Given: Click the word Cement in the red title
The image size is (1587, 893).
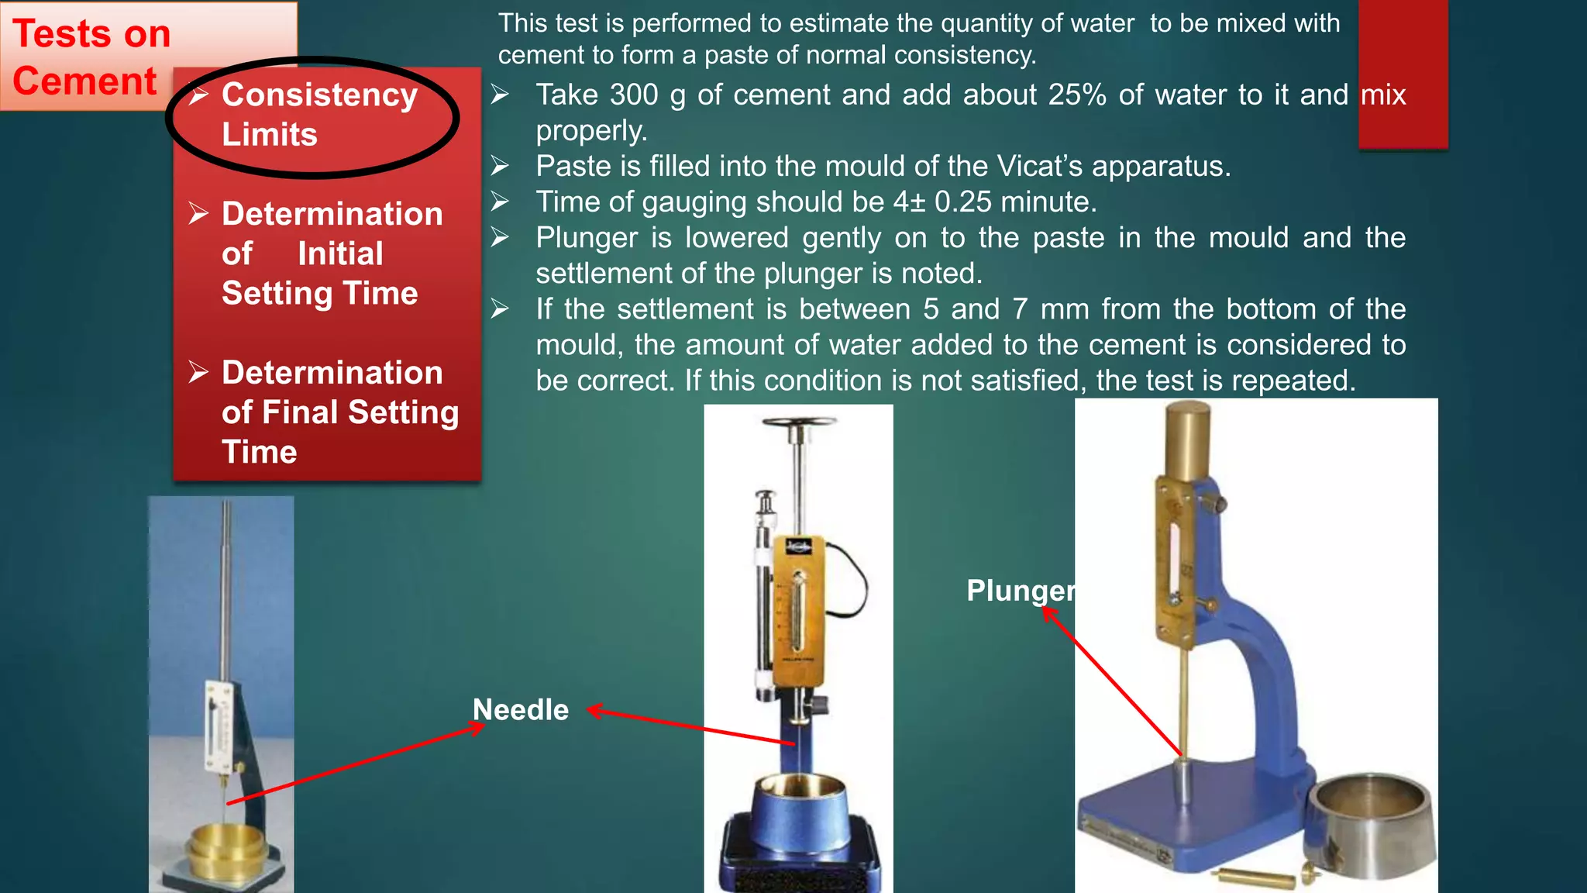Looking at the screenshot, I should [84, 81].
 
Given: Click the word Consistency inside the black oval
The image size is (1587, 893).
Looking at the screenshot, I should [319, 95].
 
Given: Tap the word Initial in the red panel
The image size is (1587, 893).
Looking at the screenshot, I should [340, 254].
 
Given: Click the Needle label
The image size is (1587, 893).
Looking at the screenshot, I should [521, 710].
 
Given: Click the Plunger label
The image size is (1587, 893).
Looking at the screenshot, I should [1020, 591].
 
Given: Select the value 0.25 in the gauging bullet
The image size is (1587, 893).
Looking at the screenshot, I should [962, 202].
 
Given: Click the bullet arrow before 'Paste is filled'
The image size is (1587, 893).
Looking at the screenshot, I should [500, 166].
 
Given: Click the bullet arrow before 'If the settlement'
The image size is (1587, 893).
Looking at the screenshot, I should [500, 309].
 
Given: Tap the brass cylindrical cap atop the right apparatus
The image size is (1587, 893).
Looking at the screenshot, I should [1189, 438].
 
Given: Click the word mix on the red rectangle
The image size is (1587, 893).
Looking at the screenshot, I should [1383, 95].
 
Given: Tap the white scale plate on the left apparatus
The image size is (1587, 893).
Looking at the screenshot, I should [219, 725].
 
